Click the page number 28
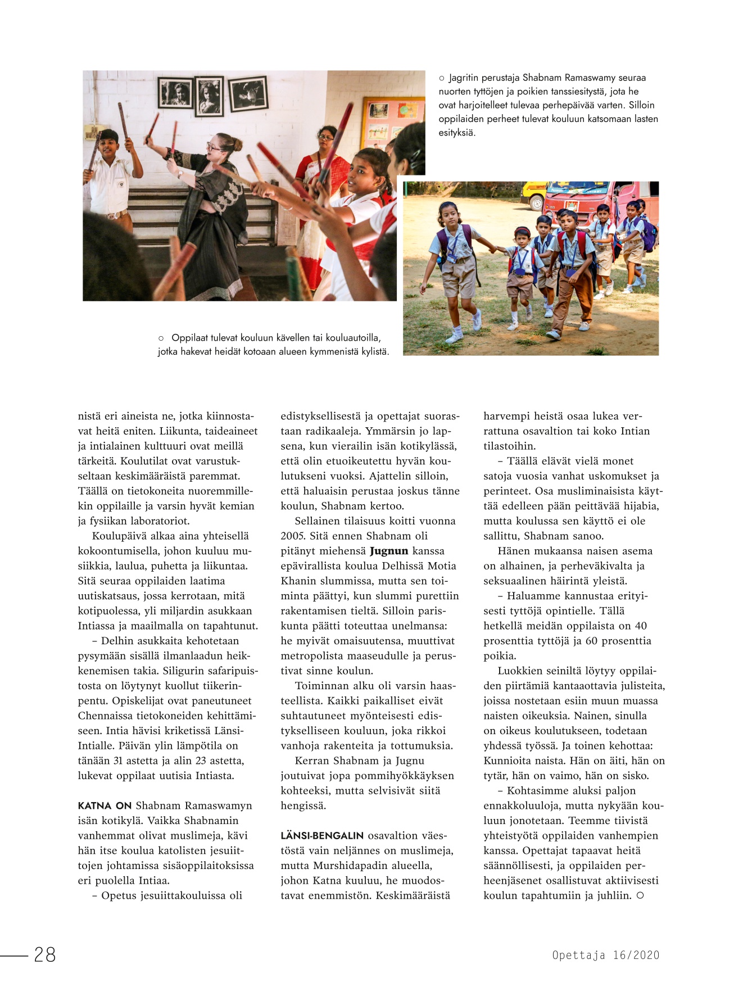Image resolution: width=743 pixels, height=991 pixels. (45, 954)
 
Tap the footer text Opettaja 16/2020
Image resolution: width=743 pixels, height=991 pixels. (605, 955)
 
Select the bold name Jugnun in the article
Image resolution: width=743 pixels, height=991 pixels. (389, 551)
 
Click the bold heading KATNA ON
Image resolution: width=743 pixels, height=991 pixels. (105, 806)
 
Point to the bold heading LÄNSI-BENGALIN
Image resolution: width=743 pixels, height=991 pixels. (322, 835)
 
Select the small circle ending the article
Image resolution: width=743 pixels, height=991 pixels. (640, 895)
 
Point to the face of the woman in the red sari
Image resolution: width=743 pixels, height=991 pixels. (325, 138)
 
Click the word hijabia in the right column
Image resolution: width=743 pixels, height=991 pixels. (639, 506)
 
